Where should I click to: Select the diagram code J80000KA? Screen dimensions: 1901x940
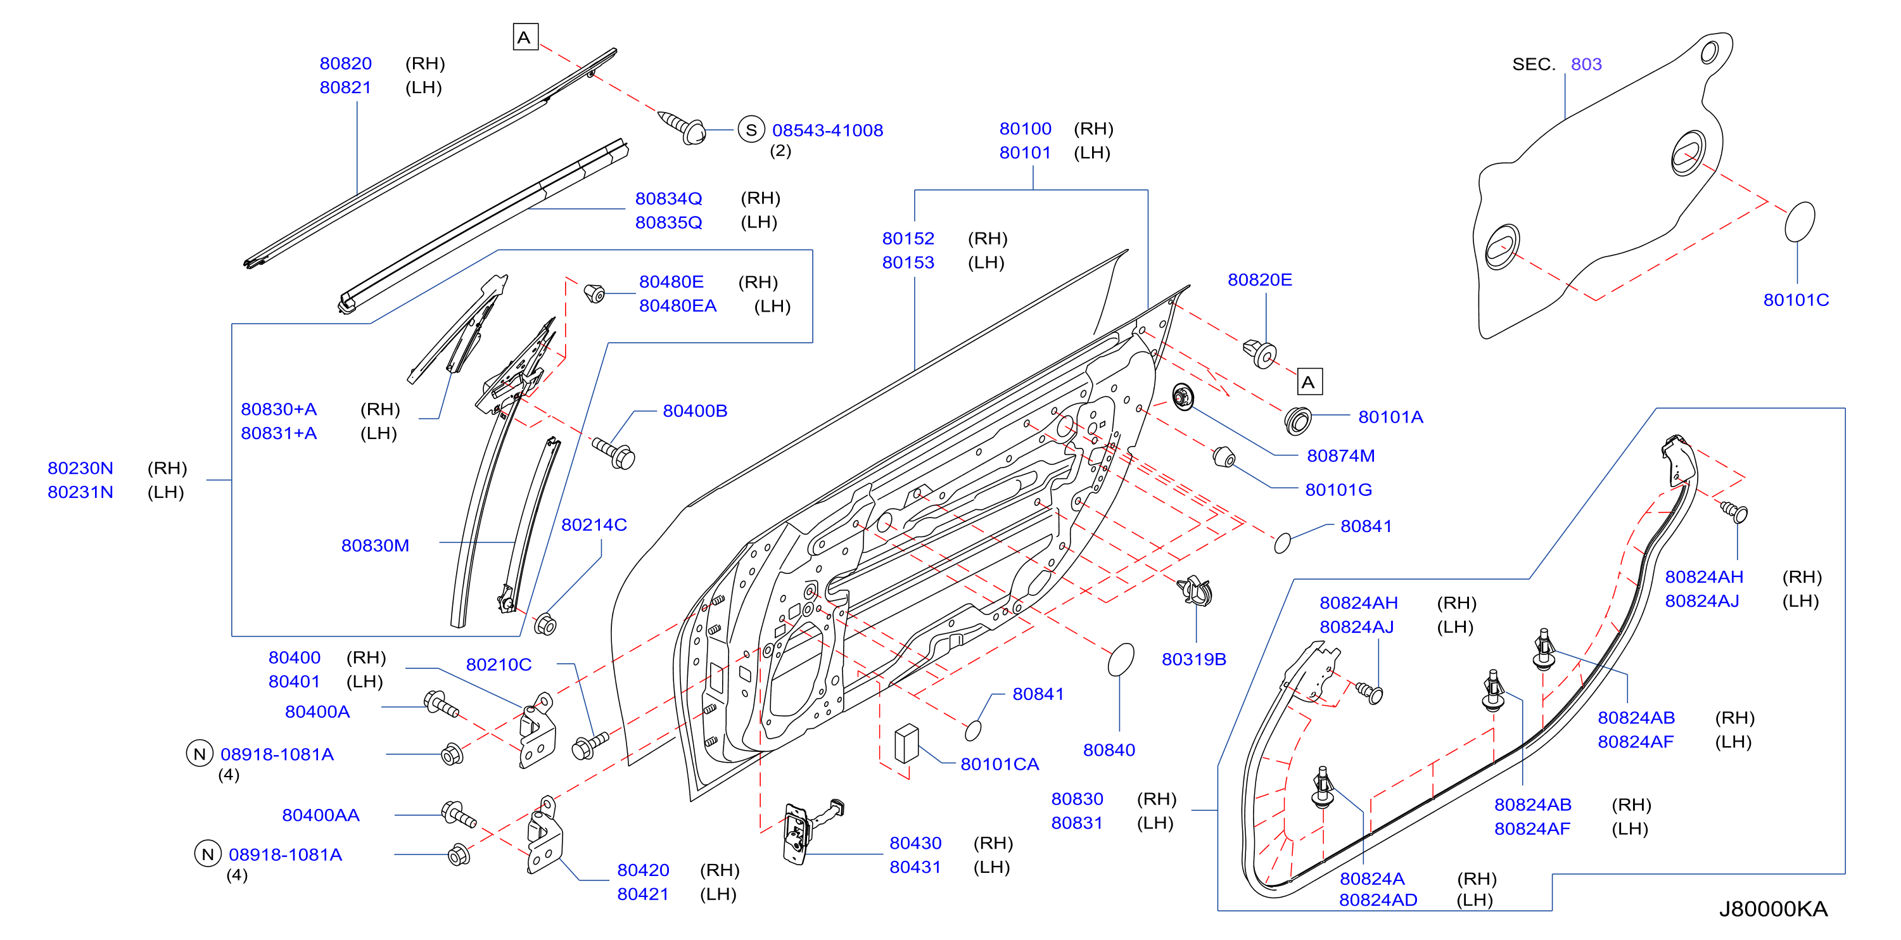(1773, 908)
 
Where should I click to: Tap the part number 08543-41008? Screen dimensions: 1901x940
(827, 130)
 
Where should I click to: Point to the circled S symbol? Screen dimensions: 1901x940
(751, 130)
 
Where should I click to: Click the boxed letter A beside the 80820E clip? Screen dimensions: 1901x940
(1309, 382)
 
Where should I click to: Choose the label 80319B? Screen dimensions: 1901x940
(1193, 659)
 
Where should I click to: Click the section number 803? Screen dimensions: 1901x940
(1586, 64)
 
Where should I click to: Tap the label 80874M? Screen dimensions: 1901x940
(1340, 455)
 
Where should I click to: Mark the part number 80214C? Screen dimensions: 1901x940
(594, 524)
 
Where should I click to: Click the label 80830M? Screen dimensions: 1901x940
(375, 545)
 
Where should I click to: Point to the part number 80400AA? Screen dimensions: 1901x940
(321, 815)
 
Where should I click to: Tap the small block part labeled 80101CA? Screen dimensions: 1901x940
(906, 743)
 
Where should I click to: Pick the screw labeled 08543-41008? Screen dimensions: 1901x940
(682, 126)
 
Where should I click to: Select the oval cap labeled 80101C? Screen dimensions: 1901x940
(1799, 221)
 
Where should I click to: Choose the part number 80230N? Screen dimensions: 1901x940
(80, 468)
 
